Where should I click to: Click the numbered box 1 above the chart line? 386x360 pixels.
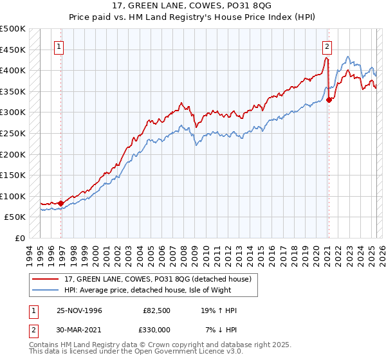pos(59,46)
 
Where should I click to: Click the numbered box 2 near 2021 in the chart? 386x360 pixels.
pos(327,46)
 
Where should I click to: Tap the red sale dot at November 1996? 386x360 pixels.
pos(61,203)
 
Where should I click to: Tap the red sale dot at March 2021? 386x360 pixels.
pos(329,100)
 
